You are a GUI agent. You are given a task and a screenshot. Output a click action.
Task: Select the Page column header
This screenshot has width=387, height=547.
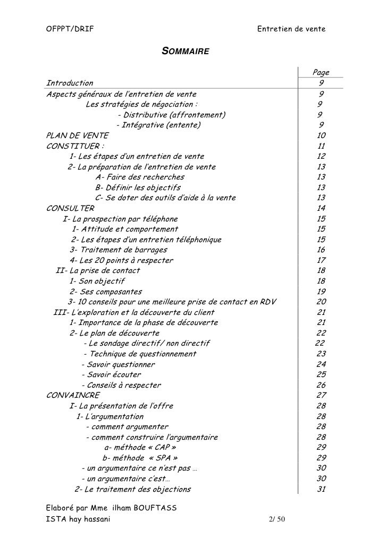(321, 72)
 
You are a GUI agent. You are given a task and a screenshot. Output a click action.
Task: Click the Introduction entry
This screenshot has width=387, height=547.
(70, 83)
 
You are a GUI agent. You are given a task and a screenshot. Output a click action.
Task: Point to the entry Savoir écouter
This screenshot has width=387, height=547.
(111, 374)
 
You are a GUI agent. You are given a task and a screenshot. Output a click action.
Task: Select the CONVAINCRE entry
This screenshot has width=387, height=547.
(73, 395)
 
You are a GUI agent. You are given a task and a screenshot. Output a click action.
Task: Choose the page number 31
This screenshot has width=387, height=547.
(321, 489)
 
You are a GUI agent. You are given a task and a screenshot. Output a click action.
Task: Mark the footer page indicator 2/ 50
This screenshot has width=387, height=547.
(277, 519)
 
